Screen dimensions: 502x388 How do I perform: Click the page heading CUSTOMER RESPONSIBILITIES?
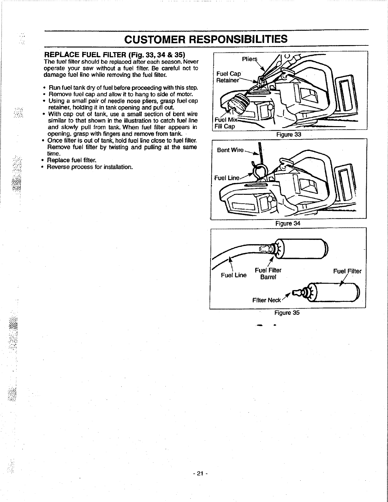[206, 39]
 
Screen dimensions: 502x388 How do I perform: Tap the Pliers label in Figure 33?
[249, 59]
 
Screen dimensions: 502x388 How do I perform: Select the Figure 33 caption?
[288, 134]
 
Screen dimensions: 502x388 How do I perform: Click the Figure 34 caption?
[288, 223]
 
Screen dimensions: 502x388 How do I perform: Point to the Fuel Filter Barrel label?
[268, 274]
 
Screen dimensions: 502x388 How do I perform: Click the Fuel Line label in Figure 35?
[233, 275]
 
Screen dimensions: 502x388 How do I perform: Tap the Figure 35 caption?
[287, 313]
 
